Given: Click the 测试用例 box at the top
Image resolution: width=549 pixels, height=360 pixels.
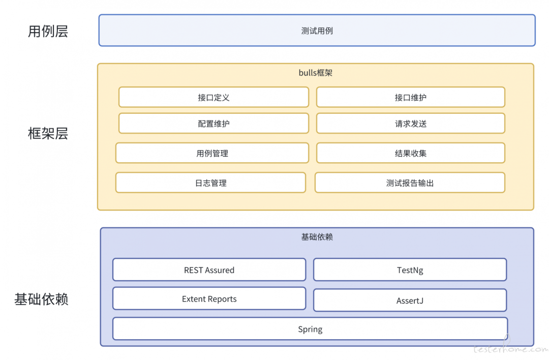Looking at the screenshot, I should pyautogui.click(x=317, y=31).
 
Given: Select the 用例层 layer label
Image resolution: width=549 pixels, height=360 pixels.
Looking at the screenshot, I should pyautogui.click(x=48, y=32).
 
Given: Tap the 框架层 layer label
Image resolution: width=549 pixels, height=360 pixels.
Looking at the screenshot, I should pyautogui.click(x=48, y=134).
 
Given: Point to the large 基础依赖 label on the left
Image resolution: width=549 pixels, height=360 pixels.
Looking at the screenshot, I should pyautogui.click(x=41, y=299).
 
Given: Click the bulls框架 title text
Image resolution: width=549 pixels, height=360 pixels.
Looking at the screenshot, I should pyautogui.click(x=315, y=73).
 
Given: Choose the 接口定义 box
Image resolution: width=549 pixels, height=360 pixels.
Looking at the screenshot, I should pyautogui.click(x=213, y=97).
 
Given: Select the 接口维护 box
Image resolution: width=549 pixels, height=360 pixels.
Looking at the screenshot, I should pyautogui.click(x=410, y=97).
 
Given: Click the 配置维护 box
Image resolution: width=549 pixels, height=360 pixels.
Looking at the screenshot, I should pyautogui.click(x=213, y=124).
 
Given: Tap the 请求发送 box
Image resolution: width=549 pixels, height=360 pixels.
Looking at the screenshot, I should pyautogui.click(x=410, y=124).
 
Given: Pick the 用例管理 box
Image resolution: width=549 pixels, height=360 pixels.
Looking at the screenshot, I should pyautogui.click(x=212, y=153).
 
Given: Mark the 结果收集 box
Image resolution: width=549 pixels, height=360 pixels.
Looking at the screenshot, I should pyautogui.click(x=410, y=153).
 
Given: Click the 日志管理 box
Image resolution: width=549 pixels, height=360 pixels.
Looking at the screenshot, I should pyautogui.click(x=210, y=183).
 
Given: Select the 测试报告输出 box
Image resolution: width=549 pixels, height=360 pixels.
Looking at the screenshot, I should pyautogui.click(x=410, y=183).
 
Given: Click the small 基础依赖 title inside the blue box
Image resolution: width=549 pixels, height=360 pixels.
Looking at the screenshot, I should pyautogui.click(x=317, y=237).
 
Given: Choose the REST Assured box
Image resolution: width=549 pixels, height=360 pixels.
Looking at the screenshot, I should pyautogui.click(x=209, y=270).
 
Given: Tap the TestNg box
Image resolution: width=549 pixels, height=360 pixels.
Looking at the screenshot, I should pyautogui.click(x=410, y=270).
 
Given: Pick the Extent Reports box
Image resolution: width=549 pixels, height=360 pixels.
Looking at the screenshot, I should pyautogui.click(x=209, y=299).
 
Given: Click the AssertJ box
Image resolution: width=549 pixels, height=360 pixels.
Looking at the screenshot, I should pyautogui.click(x=410, y=301).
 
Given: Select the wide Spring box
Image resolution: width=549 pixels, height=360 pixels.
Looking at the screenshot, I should pyautogui.click(x=310, y=329).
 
